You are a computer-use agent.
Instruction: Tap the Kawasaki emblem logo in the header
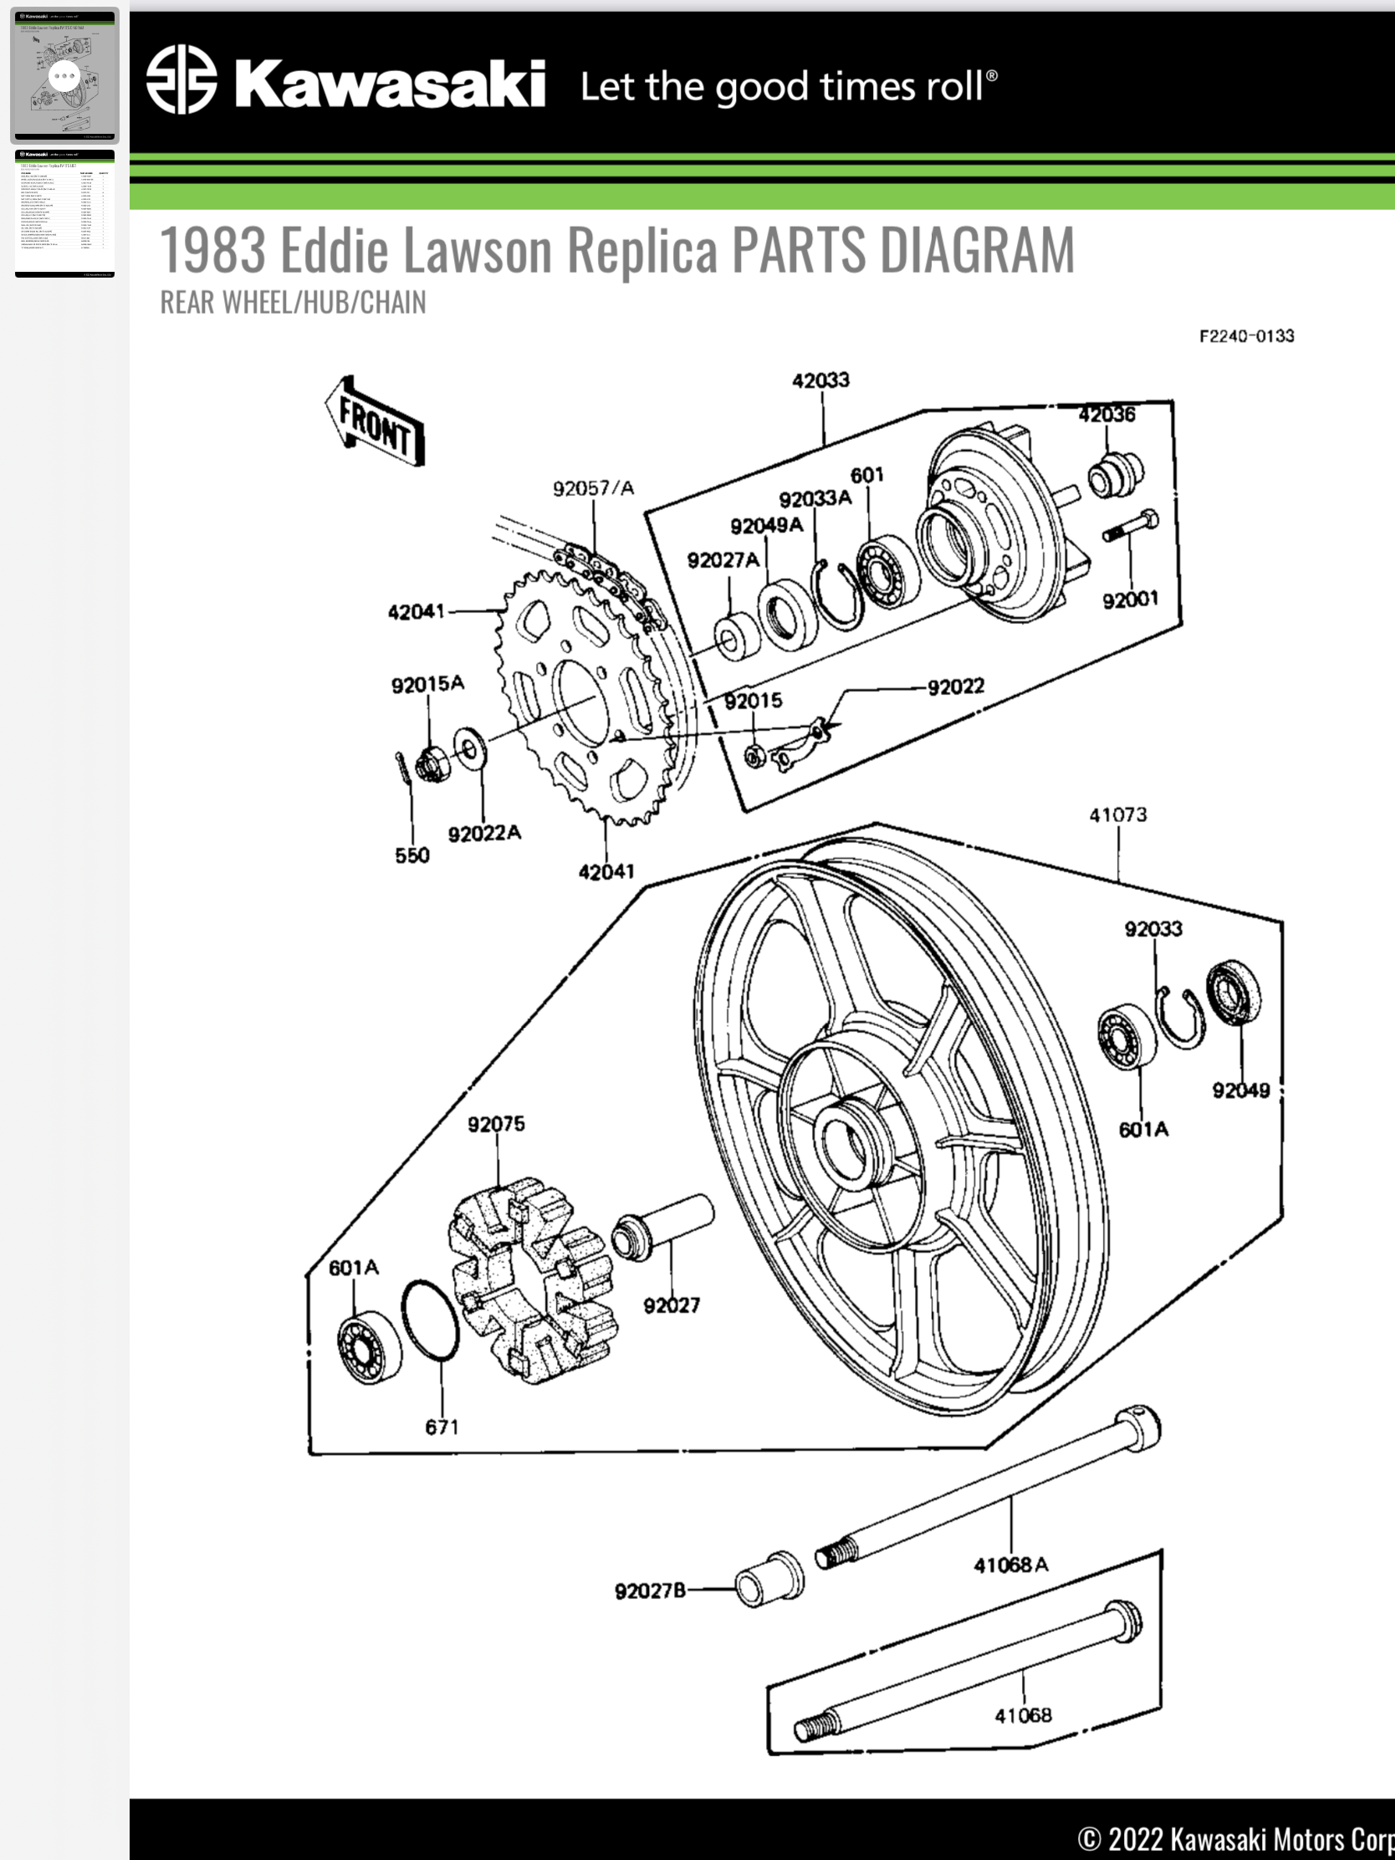[x=181, y=79]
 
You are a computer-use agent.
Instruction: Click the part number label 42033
[x=820, y=381]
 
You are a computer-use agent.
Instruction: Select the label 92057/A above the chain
[x=593, y=488]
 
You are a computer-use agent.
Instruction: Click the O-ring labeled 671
[x=430, y=1321]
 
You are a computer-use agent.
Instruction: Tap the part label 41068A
[x=1011, y=1565]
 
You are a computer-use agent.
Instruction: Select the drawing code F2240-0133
[x=1246, y=336]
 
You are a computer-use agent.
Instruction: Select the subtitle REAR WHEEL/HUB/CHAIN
[x=293, y=303]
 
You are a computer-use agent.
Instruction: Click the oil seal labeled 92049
[x=1234, y=992]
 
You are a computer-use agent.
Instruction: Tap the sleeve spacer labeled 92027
[x=664, y=1227]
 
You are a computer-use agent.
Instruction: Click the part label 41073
[x=1117, y=815]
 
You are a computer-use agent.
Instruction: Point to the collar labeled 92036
[x=1114, y=475]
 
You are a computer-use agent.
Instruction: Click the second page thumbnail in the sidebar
[x=64, y=213]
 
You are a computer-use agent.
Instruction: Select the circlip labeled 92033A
[x=836, y=594]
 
